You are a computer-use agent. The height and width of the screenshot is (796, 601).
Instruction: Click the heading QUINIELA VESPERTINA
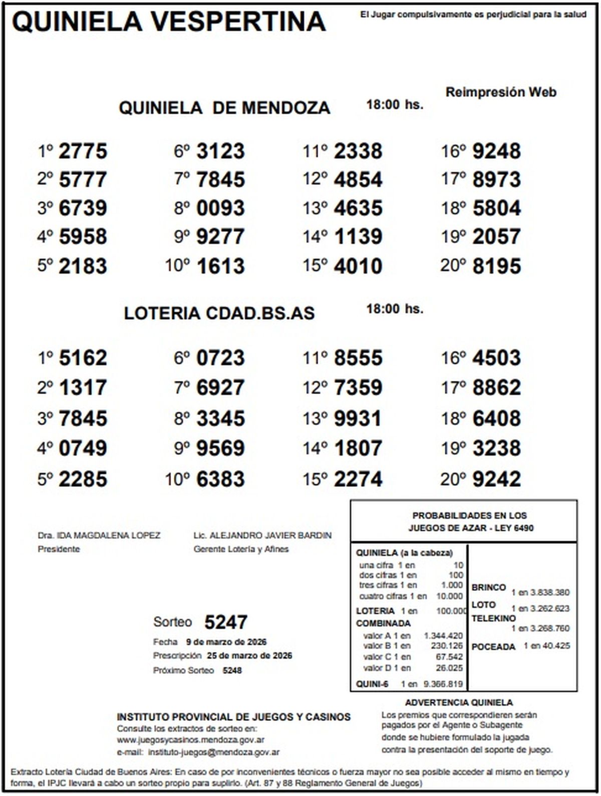pos(168,22)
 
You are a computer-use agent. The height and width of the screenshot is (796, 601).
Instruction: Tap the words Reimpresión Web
pos(501,92)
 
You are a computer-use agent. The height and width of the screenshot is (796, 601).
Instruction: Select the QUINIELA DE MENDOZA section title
pos(224,108)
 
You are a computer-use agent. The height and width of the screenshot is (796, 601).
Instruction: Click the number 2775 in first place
pos(83,151)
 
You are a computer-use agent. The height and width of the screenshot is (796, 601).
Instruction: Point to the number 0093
pos(220,209)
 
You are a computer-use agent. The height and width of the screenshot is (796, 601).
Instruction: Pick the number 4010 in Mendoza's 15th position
pos(358,266)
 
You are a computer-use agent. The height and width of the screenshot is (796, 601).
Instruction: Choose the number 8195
pos(496,266)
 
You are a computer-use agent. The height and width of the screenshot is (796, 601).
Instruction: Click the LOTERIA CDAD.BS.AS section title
pos(219,313)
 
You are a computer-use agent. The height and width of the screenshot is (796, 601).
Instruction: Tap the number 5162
pos(83,358)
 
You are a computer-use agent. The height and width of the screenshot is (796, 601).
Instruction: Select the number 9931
pos(358,419)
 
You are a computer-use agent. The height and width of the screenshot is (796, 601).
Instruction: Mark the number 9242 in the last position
pos(496,479)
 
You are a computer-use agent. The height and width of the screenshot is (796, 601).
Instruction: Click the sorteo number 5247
pos(226,623)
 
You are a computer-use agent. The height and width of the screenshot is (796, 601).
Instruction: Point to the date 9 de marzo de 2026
pos(226,642)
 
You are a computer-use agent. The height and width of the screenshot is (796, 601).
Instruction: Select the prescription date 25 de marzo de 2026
pos(249,656)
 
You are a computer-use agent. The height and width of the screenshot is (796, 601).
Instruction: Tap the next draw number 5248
pos(232,671)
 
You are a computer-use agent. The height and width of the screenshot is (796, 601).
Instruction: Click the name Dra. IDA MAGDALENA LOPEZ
pos(99,535)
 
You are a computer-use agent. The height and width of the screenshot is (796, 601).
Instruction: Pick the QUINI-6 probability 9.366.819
pos(443,684)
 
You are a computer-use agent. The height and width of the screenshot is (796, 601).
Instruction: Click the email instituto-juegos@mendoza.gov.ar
pos(214,752)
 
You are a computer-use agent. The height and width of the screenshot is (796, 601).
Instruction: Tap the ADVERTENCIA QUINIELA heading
pos(459,703)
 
